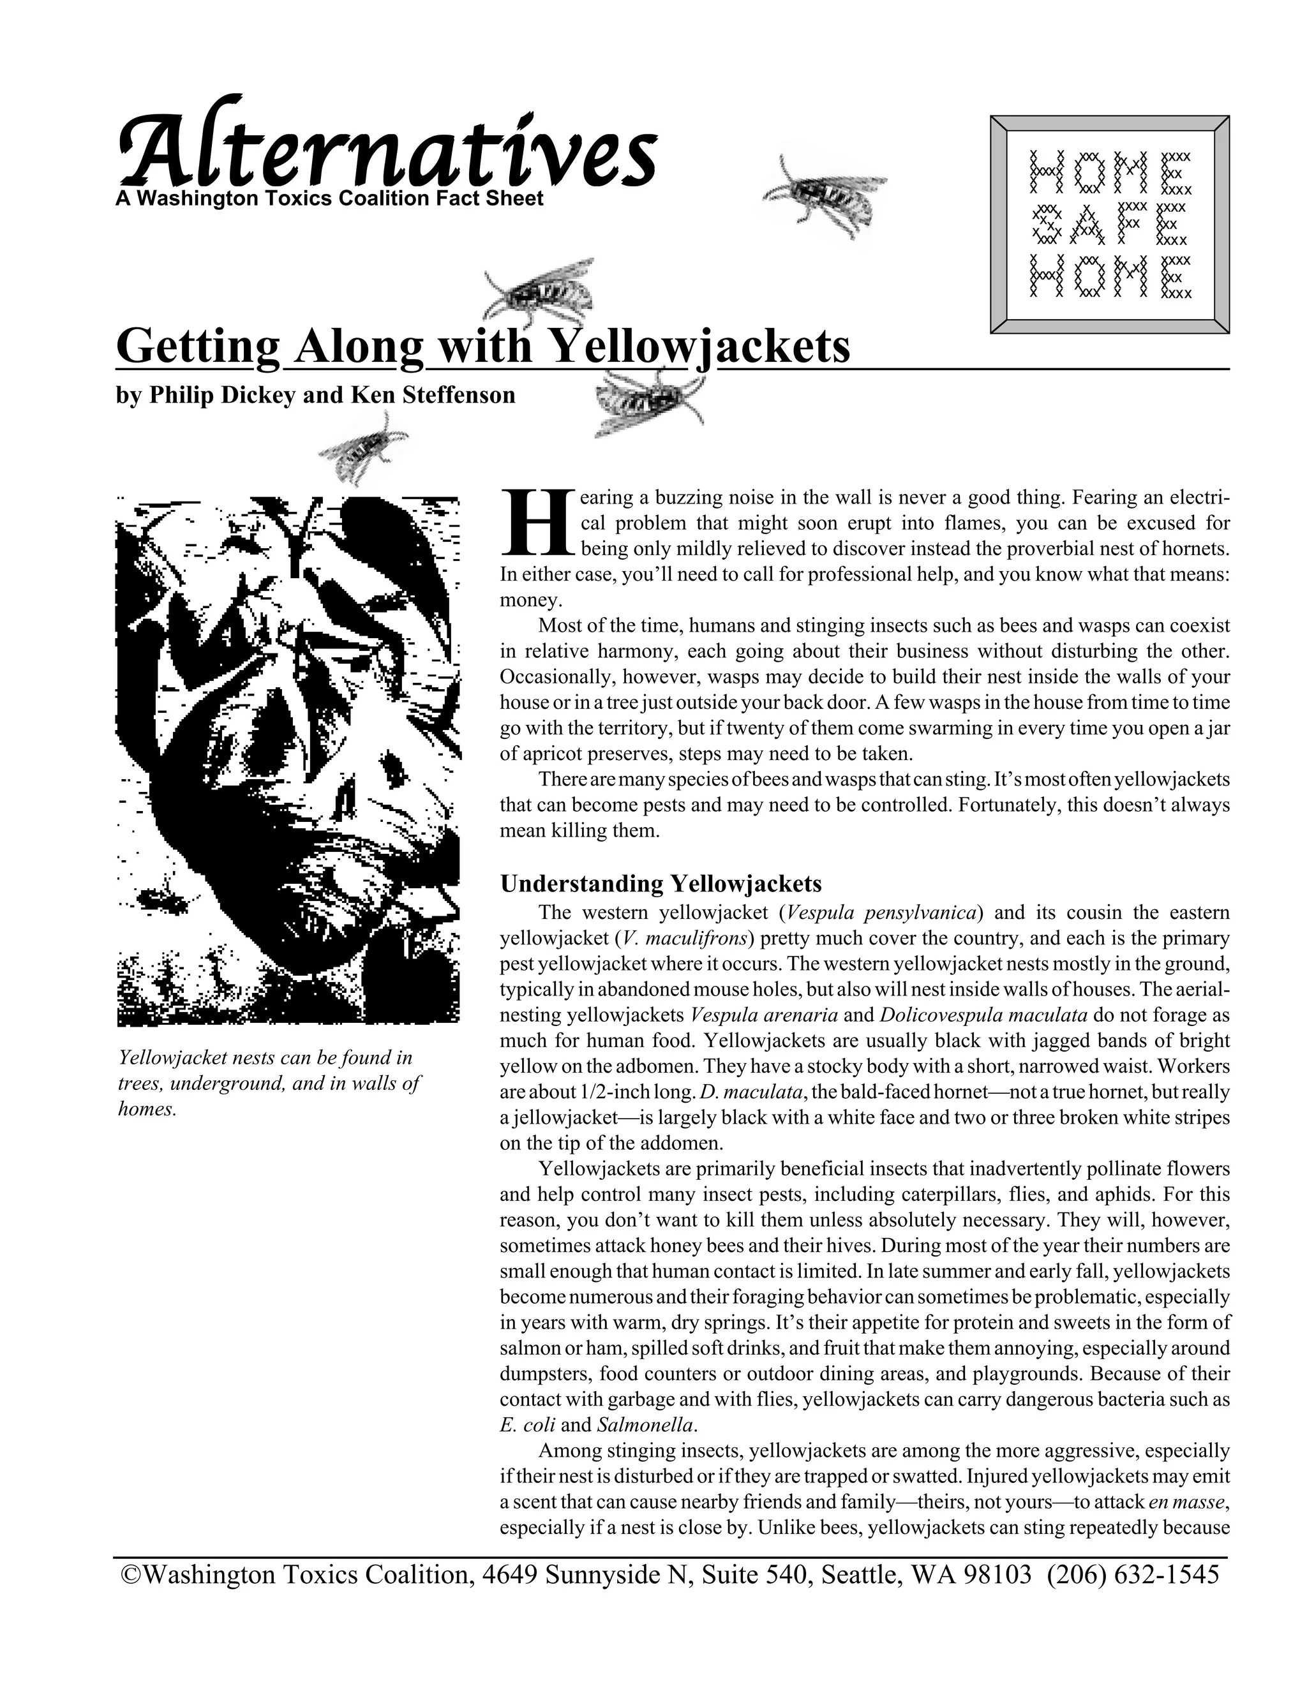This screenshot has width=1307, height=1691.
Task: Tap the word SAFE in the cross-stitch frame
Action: click(x=1109, y=225)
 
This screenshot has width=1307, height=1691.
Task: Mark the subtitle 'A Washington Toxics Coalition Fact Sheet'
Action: click(x=329, y=199)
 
